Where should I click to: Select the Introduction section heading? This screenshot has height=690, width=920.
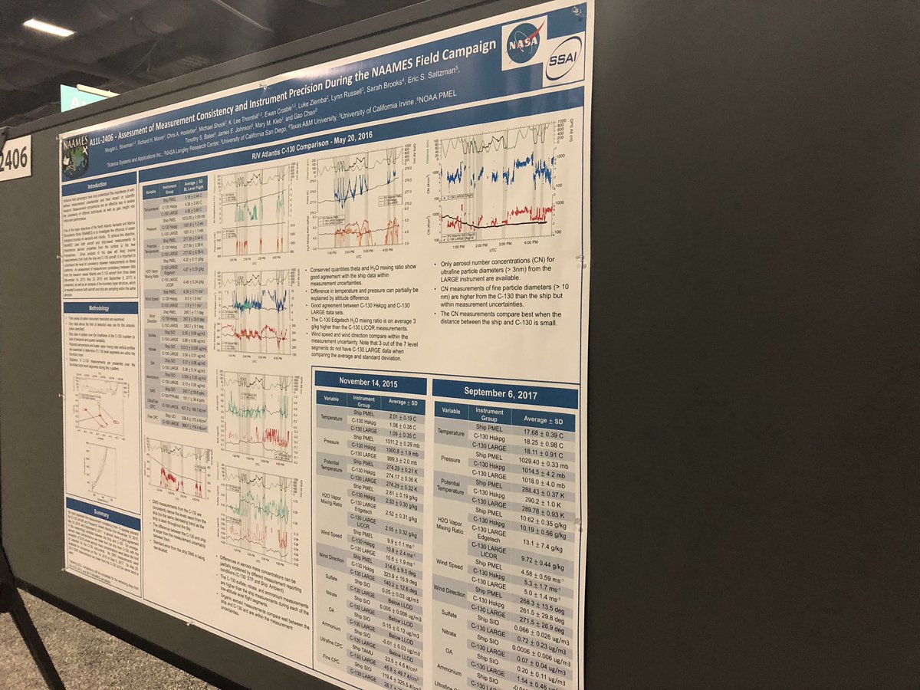tap(99, 186)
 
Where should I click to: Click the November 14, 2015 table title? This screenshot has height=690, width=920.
tap(370, 383)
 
